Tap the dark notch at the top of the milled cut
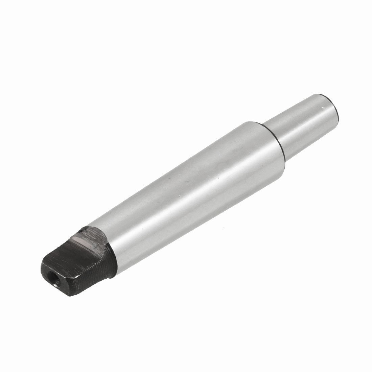pos(81,230)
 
